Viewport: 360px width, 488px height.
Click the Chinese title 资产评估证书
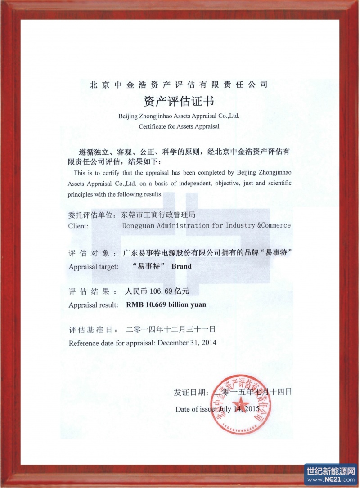(x=179, y=100)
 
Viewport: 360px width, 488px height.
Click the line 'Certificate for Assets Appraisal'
(x=179, y=126)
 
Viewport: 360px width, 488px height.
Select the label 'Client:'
(x=78, y=226)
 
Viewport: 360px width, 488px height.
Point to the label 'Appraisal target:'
(x=94, y=267)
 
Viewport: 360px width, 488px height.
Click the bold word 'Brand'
(x=181, y=266)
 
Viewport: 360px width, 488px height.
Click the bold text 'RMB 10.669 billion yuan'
(x=166, y=304)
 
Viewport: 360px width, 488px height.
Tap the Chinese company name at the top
(x=179, y=84)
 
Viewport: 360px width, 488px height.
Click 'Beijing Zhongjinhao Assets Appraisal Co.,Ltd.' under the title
(x=179, y=116)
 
